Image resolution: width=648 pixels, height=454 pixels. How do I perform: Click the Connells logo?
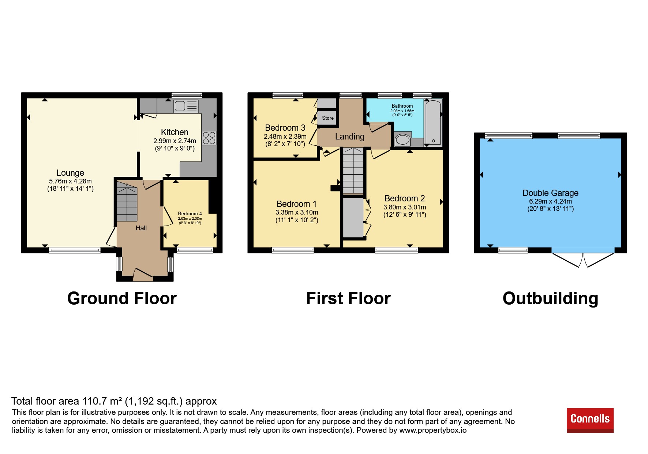pyautogui.click(x=590, y=420)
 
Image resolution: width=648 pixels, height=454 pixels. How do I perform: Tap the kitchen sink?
pyautogui.click(x=186, y=106)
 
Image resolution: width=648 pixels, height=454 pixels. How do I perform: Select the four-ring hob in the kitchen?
pyautogui.click(x=209, y=138)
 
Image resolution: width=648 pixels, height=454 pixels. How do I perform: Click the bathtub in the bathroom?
pyautogui.click(x=433, y=123)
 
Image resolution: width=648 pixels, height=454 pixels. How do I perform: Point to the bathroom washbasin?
pyautogui.click(x=403, y=140)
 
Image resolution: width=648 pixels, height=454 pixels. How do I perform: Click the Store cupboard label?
pyautogui.click(x=328, y=118)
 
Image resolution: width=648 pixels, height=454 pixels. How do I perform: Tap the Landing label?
pyautogui.click(x=350, y=137)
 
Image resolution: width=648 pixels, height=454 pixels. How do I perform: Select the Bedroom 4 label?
pyautogui.click(x=190, y=213)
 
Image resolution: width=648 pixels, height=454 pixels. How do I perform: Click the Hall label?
pyautogui.click(x=141, y=228)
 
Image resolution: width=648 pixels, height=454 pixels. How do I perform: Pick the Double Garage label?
pyautogui.click(x=550, y=193)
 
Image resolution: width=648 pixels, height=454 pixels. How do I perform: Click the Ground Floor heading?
pyautogui.click(x=122, y=298)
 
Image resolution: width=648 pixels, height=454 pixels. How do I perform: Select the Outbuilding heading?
pyautogui.click(x=550, y=298)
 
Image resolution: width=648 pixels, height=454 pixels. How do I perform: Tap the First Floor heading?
pyautogui.click(x=348, y=298)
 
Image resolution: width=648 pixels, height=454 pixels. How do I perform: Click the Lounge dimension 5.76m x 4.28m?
pyautogui.click(x=70, y=181)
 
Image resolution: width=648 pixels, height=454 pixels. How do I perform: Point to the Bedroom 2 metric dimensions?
pyautogui.click(x=405, y=207)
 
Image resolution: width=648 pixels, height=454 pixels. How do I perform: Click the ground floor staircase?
pyautogui.click(x=127, y=201)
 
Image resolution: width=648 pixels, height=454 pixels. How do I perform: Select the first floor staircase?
pyautogui.click(x=353, y=171)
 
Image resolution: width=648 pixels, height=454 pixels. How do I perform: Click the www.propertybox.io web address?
pyautogui.click(x=433, y=430)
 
